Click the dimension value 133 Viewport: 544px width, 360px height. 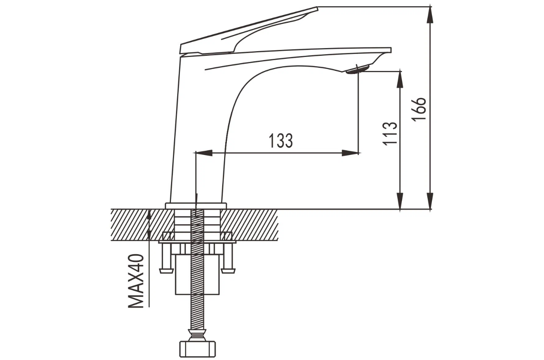click(281, 140)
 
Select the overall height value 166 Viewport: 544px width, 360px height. click(418, 109)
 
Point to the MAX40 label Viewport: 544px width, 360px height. click(136, 281)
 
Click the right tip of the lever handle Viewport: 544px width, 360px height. click(318, 9)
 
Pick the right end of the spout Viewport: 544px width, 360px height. click(391, 50)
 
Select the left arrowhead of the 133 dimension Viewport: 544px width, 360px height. click(204, 153)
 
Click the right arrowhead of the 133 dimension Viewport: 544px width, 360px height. click(350, 153)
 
